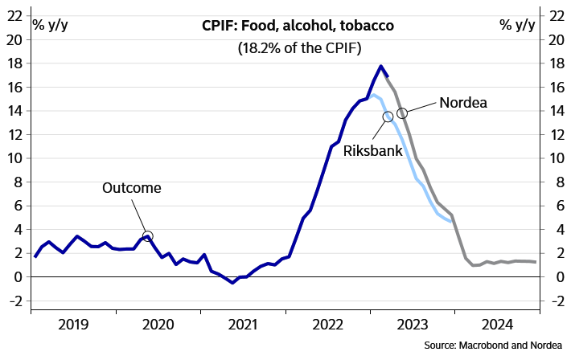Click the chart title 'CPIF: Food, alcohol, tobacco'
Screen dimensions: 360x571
tap(298, 27)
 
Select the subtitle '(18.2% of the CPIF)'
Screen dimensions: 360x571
tap(298, 48)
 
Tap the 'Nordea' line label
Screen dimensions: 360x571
tap(463, 103)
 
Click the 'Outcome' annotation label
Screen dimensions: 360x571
tap(131, 188)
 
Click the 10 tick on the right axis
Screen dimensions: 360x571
tap(554, 158)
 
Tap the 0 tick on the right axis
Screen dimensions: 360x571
tap(554, 277)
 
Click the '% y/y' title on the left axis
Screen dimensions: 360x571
tap(50, 24)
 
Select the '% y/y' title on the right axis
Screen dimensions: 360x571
tap(516, 24)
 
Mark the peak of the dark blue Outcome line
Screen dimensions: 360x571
tap(381, 66)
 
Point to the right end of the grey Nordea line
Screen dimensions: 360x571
tap(536, 262)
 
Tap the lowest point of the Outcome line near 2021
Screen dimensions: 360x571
tap(232, 283)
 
